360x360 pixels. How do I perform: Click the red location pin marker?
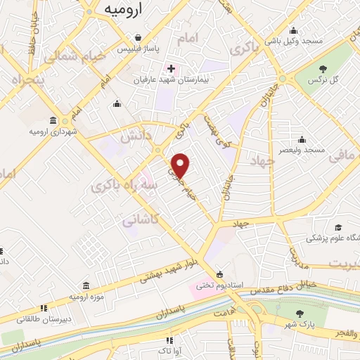[181, 165]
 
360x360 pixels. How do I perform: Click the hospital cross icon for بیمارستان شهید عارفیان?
[169, 69]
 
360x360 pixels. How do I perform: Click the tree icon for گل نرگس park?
[323, 69]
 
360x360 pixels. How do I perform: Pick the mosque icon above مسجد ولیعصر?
[301, 139]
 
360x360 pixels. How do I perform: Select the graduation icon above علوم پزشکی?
[338, 227]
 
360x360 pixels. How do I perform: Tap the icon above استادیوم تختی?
[220, 274]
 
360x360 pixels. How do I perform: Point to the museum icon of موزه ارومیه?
[86, 285]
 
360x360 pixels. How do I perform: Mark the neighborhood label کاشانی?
[139, 220]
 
